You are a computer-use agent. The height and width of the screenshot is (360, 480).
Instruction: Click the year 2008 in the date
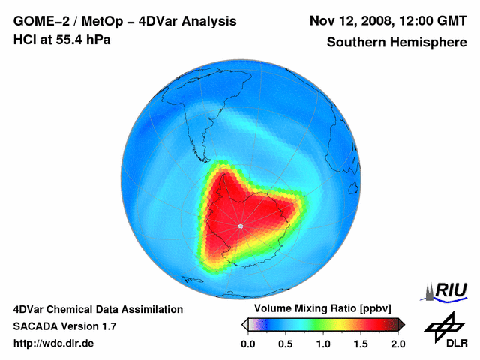click(374, 20)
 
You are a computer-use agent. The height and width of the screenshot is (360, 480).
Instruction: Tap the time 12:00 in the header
click(414, 20)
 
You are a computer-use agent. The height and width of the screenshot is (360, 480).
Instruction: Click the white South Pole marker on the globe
click(240, 225)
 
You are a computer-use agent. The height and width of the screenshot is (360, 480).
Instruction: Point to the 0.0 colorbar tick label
click(247, 343)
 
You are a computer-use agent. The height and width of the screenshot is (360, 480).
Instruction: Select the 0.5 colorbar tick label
click(285, 343)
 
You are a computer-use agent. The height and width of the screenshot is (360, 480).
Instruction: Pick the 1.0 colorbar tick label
click(323, 343)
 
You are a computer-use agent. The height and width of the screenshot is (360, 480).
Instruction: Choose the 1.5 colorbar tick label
click(361, 343)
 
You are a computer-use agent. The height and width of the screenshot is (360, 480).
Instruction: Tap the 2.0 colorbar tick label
click(397, 343)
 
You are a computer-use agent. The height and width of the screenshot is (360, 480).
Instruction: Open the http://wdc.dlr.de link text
click(54, 343)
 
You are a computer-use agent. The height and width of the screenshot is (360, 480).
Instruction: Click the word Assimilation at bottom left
click(148, 309)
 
